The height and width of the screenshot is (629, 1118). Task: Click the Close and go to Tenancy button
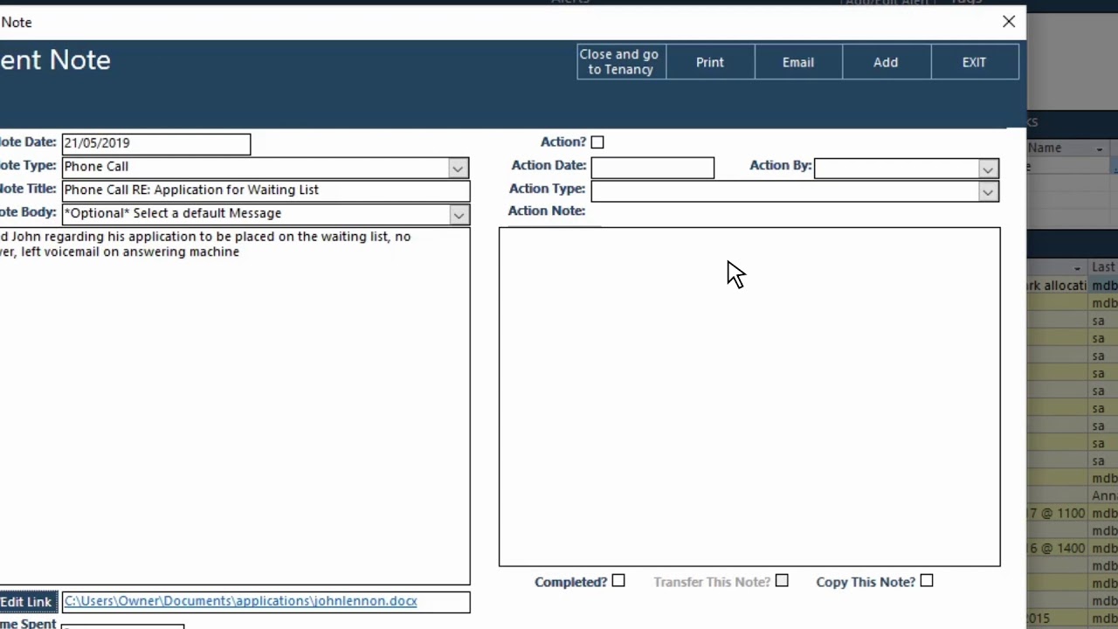(621, 62)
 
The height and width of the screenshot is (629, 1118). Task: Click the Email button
(798, 62)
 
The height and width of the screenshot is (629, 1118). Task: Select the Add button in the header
(886, 62)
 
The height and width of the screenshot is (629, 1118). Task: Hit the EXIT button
(974, 62)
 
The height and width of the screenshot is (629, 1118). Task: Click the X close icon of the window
(1009, 22)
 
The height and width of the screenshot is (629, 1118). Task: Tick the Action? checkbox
(597, 142)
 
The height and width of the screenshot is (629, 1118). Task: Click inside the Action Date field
(652, 168)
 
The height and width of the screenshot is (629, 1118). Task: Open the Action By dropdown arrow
(988, 169)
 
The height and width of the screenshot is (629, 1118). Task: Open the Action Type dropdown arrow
(988, 192)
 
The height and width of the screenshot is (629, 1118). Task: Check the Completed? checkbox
(618, 581)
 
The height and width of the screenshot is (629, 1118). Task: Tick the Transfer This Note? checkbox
(782, 581)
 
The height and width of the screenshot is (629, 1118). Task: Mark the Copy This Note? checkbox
(927, 581)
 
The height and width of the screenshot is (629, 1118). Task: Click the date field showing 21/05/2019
(155, 143)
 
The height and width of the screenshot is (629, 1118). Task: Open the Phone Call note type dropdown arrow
(458, 168)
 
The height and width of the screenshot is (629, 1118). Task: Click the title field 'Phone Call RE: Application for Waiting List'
(266, 190)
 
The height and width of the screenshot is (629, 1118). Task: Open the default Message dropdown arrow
(459, 215)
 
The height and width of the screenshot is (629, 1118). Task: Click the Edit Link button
(27, 602)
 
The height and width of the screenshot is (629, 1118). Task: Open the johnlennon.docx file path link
(240, 601)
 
